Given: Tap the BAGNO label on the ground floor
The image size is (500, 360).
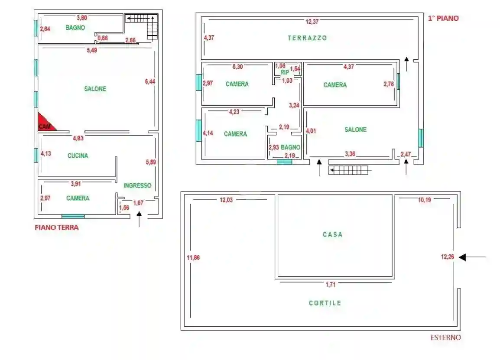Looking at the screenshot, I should pos(75,28).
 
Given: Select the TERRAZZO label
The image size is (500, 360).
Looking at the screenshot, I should pos(307,38).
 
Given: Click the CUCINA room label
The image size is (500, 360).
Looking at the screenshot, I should pos(78,156).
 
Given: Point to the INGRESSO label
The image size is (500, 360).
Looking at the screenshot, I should pos(137,185).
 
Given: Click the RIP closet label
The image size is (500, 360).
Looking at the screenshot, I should pos(284,72).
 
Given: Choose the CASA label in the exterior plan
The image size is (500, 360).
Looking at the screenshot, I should pos(332,234).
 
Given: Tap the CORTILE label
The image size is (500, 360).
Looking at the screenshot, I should pos(325,303).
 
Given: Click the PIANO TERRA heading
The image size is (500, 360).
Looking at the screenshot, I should pos(57,227).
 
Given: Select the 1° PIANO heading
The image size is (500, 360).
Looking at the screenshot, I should pos(443,18).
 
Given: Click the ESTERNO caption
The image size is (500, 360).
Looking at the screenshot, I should pos(445,337).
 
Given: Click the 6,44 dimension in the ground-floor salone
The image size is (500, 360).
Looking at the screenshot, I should pos(149,81).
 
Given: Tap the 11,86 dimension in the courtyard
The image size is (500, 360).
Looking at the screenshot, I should pos(193,257).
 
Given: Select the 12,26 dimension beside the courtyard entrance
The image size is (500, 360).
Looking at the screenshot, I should pos(448,257).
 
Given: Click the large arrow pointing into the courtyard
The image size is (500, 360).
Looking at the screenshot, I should pos(472,257).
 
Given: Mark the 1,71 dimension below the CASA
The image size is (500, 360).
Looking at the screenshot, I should pos(331,285).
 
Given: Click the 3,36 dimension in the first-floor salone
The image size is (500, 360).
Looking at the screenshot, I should pos(351,153).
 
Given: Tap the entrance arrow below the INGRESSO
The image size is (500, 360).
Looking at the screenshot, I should pos(139,219).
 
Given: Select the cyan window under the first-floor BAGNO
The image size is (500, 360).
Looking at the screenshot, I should pos(285,162).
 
